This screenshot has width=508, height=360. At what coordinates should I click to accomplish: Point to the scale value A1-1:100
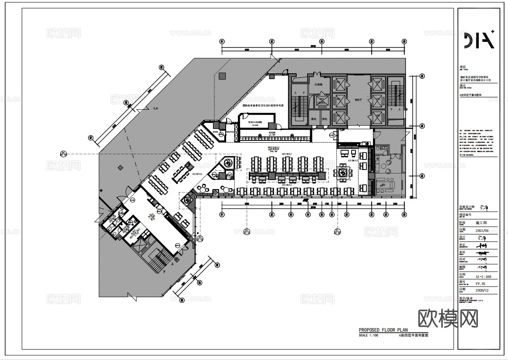pyautogui.click(x=483, y=276)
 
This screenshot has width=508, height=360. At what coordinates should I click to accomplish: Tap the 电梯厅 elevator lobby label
pyautogui.click(x=359, y=99)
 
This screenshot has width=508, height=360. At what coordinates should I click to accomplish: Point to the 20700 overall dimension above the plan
pyautogui.click(x=313, y=46)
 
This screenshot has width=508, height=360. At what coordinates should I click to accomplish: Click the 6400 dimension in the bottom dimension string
pyautogui.click(x=247, y=204)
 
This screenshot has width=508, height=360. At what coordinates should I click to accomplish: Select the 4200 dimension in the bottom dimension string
pyautogui.click(x=359, y=204)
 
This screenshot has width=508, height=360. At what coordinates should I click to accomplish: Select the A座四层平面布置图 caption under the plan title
pyautogui.click(x=413, y=336)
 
